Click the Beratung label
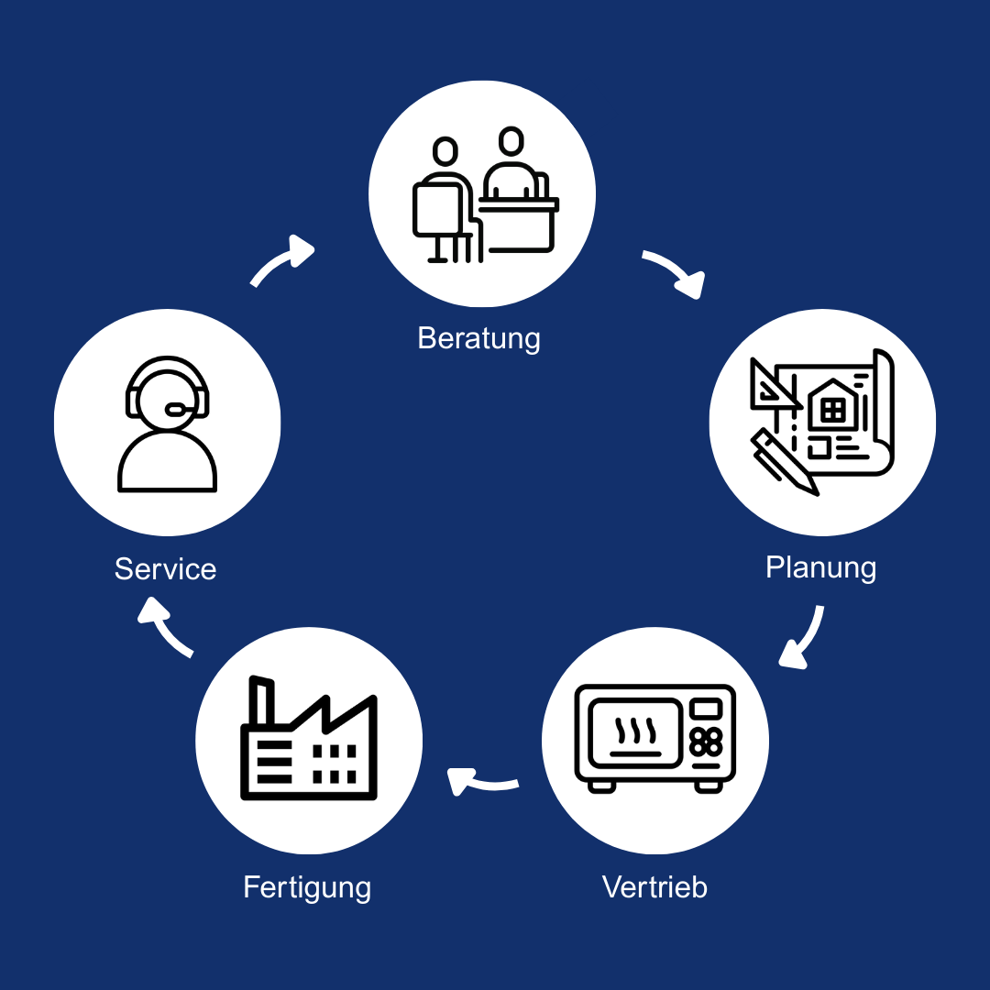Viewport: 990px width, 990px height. pyautogui.click(x=478, y=338)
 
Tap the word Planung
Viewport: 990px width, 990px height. pyautogui.click(x=820, y=567)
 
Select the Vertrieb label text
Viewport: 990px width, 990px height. pyautogui.click(x=654, y=887)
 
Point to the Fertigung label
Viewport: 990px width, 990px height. pyautogui.click(x=307, y=887)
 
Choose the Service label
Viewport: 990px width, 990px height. pyautogui.click(x=165, y=568)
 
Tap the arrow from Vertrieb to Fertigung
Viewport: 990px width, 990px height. pyautogui.click(x=481, y=782)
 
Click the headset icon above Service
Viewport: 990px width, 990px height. pyautogui.click(x=168, y=423)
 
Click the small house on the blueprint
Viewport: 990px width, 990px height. pyautogui.click(x=832, y=405)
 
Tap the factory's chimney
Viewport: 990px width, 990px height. pyautogui.click(x=262, y=701)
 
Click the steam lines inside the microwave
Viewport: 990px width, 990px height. pyautogui.click(x=635, y=731)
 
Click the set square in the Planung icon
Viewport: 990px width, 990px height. pyautogui.click(x=772, y=385)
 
